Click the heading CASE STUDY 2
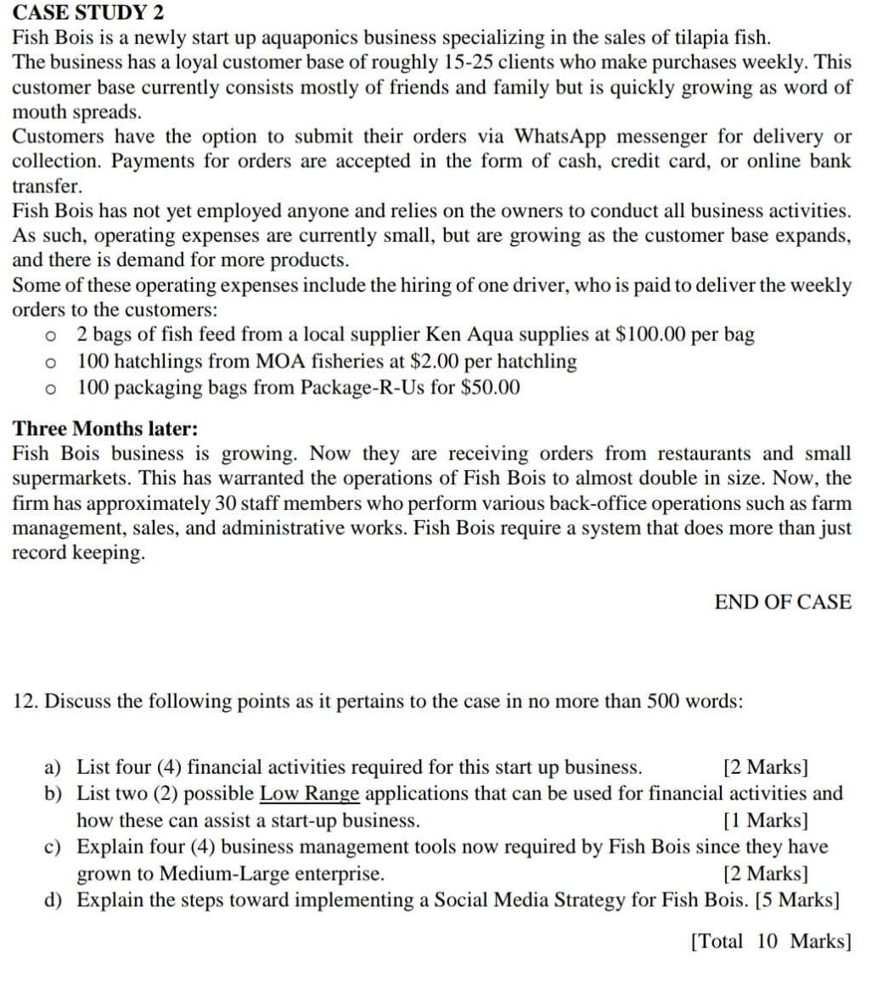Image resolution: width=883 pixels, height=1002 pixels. point(88,12)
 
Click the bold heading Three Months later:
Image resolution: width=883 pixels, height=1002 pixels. point(105,428)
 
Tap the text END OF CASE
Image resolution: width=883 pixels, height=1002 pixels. point(783,602)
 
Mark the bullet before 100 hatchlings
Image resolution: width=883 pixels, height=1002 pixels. point(52,362)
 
